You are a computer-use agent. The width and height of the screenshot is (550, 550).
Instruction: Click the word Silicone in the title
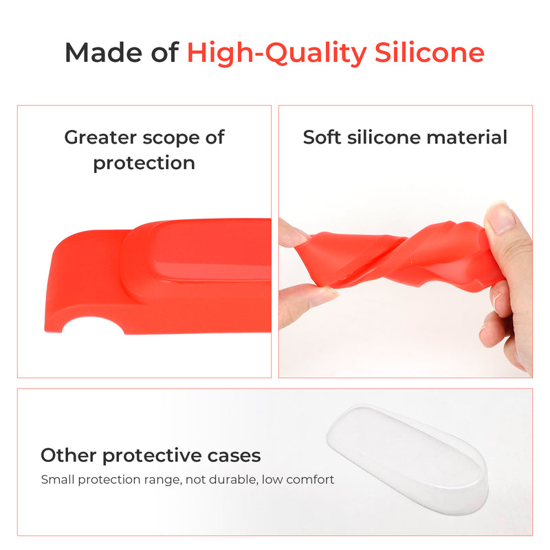tap(434, 53)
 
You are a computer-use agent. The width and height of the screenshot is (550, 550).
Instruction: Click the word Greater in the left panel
tap(100, 137)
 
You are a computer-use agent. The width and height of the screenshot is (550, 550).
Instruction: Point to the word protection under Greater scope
tap(144, 163)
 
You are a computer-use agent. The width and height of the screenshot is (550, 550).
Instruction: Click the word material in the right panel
tap(466, 137)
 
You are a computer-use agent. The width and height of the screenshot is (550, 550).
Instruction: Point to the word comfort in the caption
tap(309, 479)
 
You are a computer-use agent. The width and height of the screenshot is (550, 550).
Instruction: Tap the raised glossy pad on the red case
tap(206, 251)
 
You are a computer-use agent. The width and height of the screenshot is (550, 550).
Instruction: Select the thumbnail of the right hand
tap(502, 219)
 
